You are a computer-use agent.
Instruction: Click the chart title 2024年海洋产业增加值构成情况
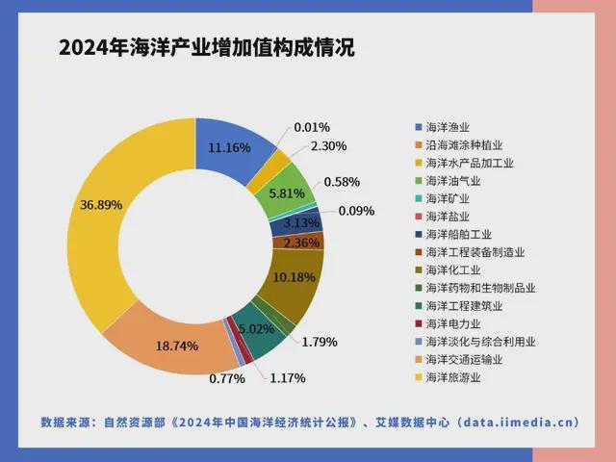[x=206, y=48]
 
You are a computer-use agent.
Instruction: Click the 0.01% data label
[x=312, y=127]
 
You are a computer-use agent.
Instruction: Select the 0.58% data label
[x=342, y=181]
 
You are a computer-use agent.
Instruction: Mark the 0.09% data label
[x=356, y=211]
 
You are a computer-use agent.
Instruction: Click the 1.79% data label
[x=320, y=341]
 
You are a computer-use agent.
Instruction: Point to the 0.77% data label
[x=227, y=379]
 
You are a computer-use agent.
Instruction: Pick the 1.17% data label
[x=287, y=378]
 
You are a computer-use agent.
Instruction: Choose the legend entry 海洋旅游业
[x=457, y=377]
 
